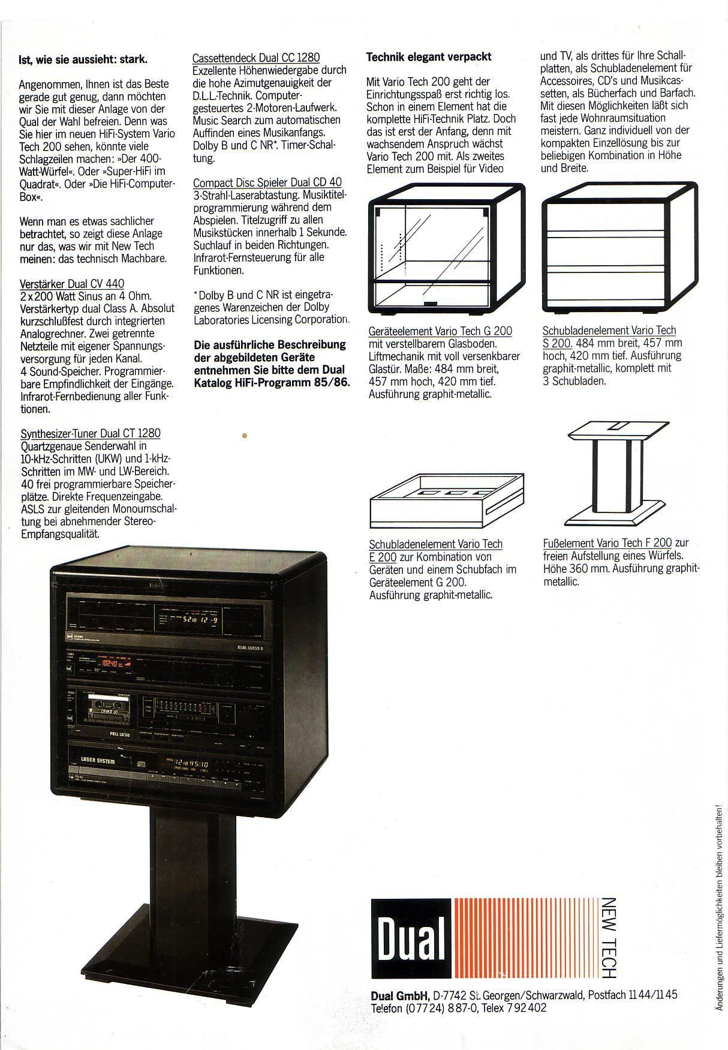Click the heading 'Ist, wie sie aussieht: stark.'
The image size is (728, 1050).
(83, 59)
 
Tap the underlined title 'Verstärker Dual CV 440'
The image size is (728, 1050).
(73, 284)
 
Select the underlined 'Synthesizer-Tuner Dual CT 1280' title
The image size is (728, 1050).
(91, 433)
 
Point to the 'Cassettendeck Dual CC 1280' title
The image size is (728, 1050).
(256, 58)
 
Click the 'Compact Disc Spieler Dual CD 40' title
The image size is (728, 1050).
(267, 182)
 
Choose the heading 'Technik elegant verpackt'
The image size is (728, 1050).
(429, 57)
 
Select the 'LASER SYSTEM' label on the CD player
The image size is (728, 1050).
(97, 760)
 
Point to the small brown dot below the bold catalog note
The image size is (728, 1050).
(245, 435)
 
